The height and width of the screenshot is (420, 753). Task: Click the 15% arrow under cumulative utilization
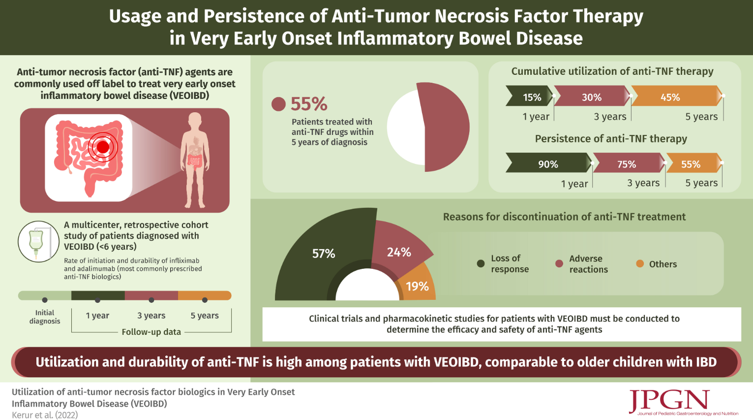[x=530, y=97]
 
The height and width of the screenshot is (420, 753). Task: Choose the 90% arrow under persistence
[x=547, y=164]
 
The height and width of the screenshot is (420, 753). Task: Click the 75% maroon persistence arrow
[x=627, y=164]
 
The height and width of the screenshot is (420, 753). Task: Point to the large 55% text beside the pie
[x=308, y=104]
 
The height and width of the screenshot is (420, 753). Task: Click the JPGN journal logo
[x=669, y=401]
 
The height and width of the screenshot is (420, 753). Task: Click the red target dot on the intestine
[x=103, y=147]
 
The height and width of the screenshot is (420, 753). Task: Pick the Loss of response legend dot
[x=481, y=263]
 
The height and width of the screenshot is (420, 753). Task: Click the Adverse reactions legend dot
[x=559, y=263]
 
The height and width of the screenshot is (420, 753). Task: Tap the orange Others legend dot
[x=640, y=263]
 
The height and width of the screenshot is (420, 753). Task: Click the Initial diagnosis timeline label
[x=45, y=317]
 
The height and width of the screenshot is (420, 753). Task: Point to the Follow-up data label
[x=151, y=332]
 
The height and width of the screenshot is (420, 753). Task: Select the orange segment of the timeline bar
[x=204, y=295]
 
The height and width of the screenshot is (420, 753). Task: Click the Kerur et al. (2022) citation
[x=45, y=415]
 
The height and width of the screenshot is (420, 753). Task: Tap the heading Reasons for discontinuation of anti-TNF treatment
[x=564, y=217]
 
